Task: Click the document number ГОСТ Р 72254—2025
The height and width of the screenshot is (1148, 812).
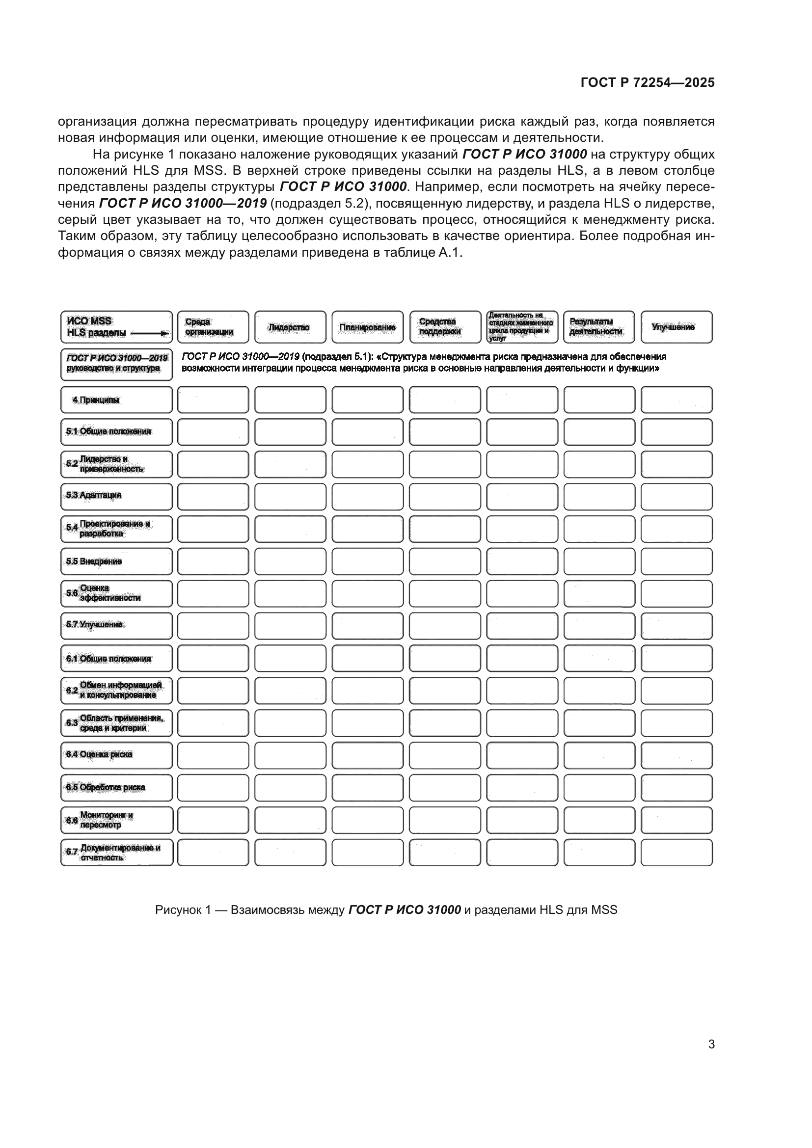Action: pyautogui.click(x=647, y=83)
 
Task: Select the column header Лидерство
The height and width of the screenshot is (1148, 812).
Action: pyautogui.click(x=290, y=327)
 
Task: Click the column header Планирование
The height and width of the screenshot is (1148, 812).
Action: pyautogui.click(x=367, y=327)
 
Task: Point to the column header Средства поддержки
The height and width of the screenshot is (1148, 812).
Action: pyautogui.click(x=440, y=327)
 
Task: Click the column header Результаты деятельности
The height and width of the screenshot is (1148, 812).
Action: pyautogui.click(x=595, y=327)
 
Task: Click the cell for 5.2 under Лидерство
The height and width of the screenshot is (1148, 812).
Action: pyautogui.click(x=290, y=464)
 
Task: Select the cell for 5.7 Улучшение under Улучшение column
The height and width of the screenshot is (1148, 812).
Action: pyautogui.click(x=677, y=626)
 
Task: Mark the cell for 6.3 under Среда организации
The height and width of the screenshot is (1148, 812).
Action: pyautogui.click(x=213, y=723)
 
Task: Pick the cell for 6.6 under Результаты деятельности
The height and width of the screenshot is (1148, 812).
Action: pyautogui.click(x=599, y=820)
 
